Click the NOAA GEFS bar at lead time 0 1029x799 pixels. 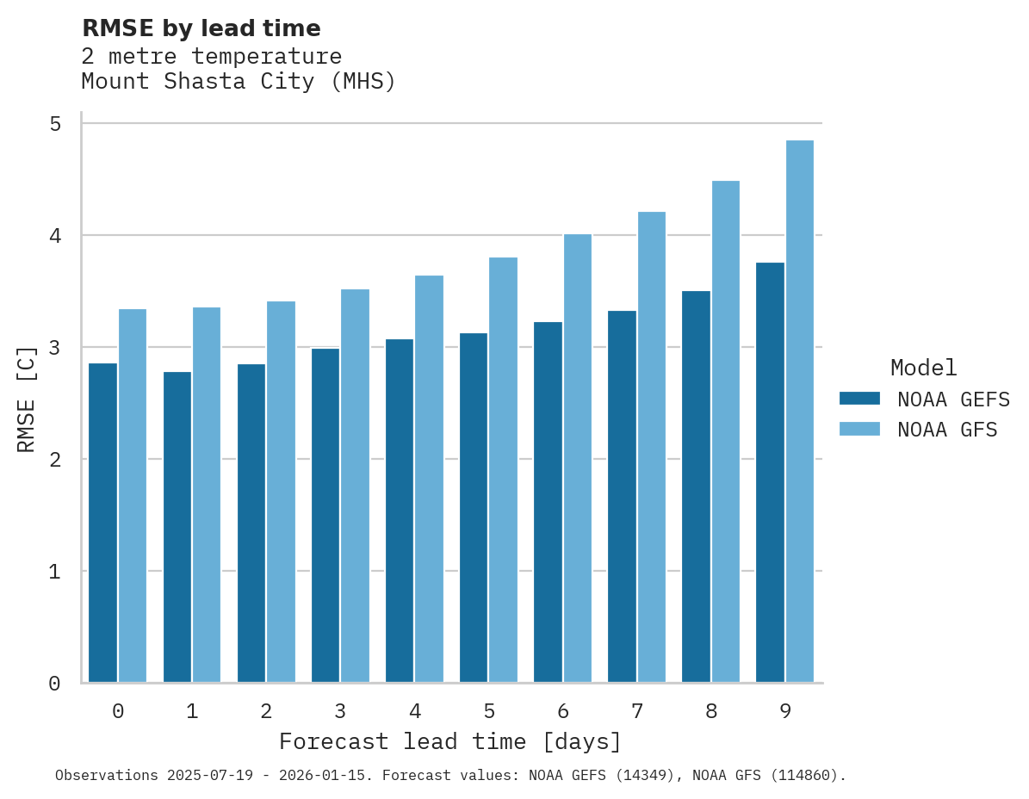pos(102,523)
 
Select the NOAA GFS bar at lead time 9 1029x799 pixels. pos(800,412)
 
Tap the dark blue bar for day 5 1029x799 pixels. pos(474,508)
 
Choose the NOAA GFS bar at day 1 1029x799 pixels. pos(207,495)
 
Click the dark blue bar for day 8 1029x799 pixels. pos(696,486)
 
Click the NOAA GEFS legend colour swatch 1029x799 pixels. pos(859,398)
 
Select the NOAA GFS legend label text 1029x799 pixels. pos(947,430)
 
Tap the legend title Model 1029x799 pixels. pos(923,368)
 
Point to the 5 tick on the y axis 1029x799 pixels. pos(55,124)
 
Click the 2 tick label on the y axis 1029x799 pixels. pos(55,459)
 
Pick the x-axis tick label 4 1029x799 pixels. pos(415,711)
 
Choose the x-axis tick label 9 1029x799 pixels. pos(785,711)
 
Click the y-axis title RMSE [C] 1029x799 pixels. pos(27,399)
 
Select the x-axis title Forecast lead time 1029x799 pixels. pos(449,741)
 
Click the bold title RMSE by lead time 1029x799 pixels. pos(201,28)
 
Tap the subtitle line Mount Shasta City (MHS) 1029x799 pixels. pos(238,82)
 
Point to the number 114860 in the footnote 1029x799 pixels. pos(795,775)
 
